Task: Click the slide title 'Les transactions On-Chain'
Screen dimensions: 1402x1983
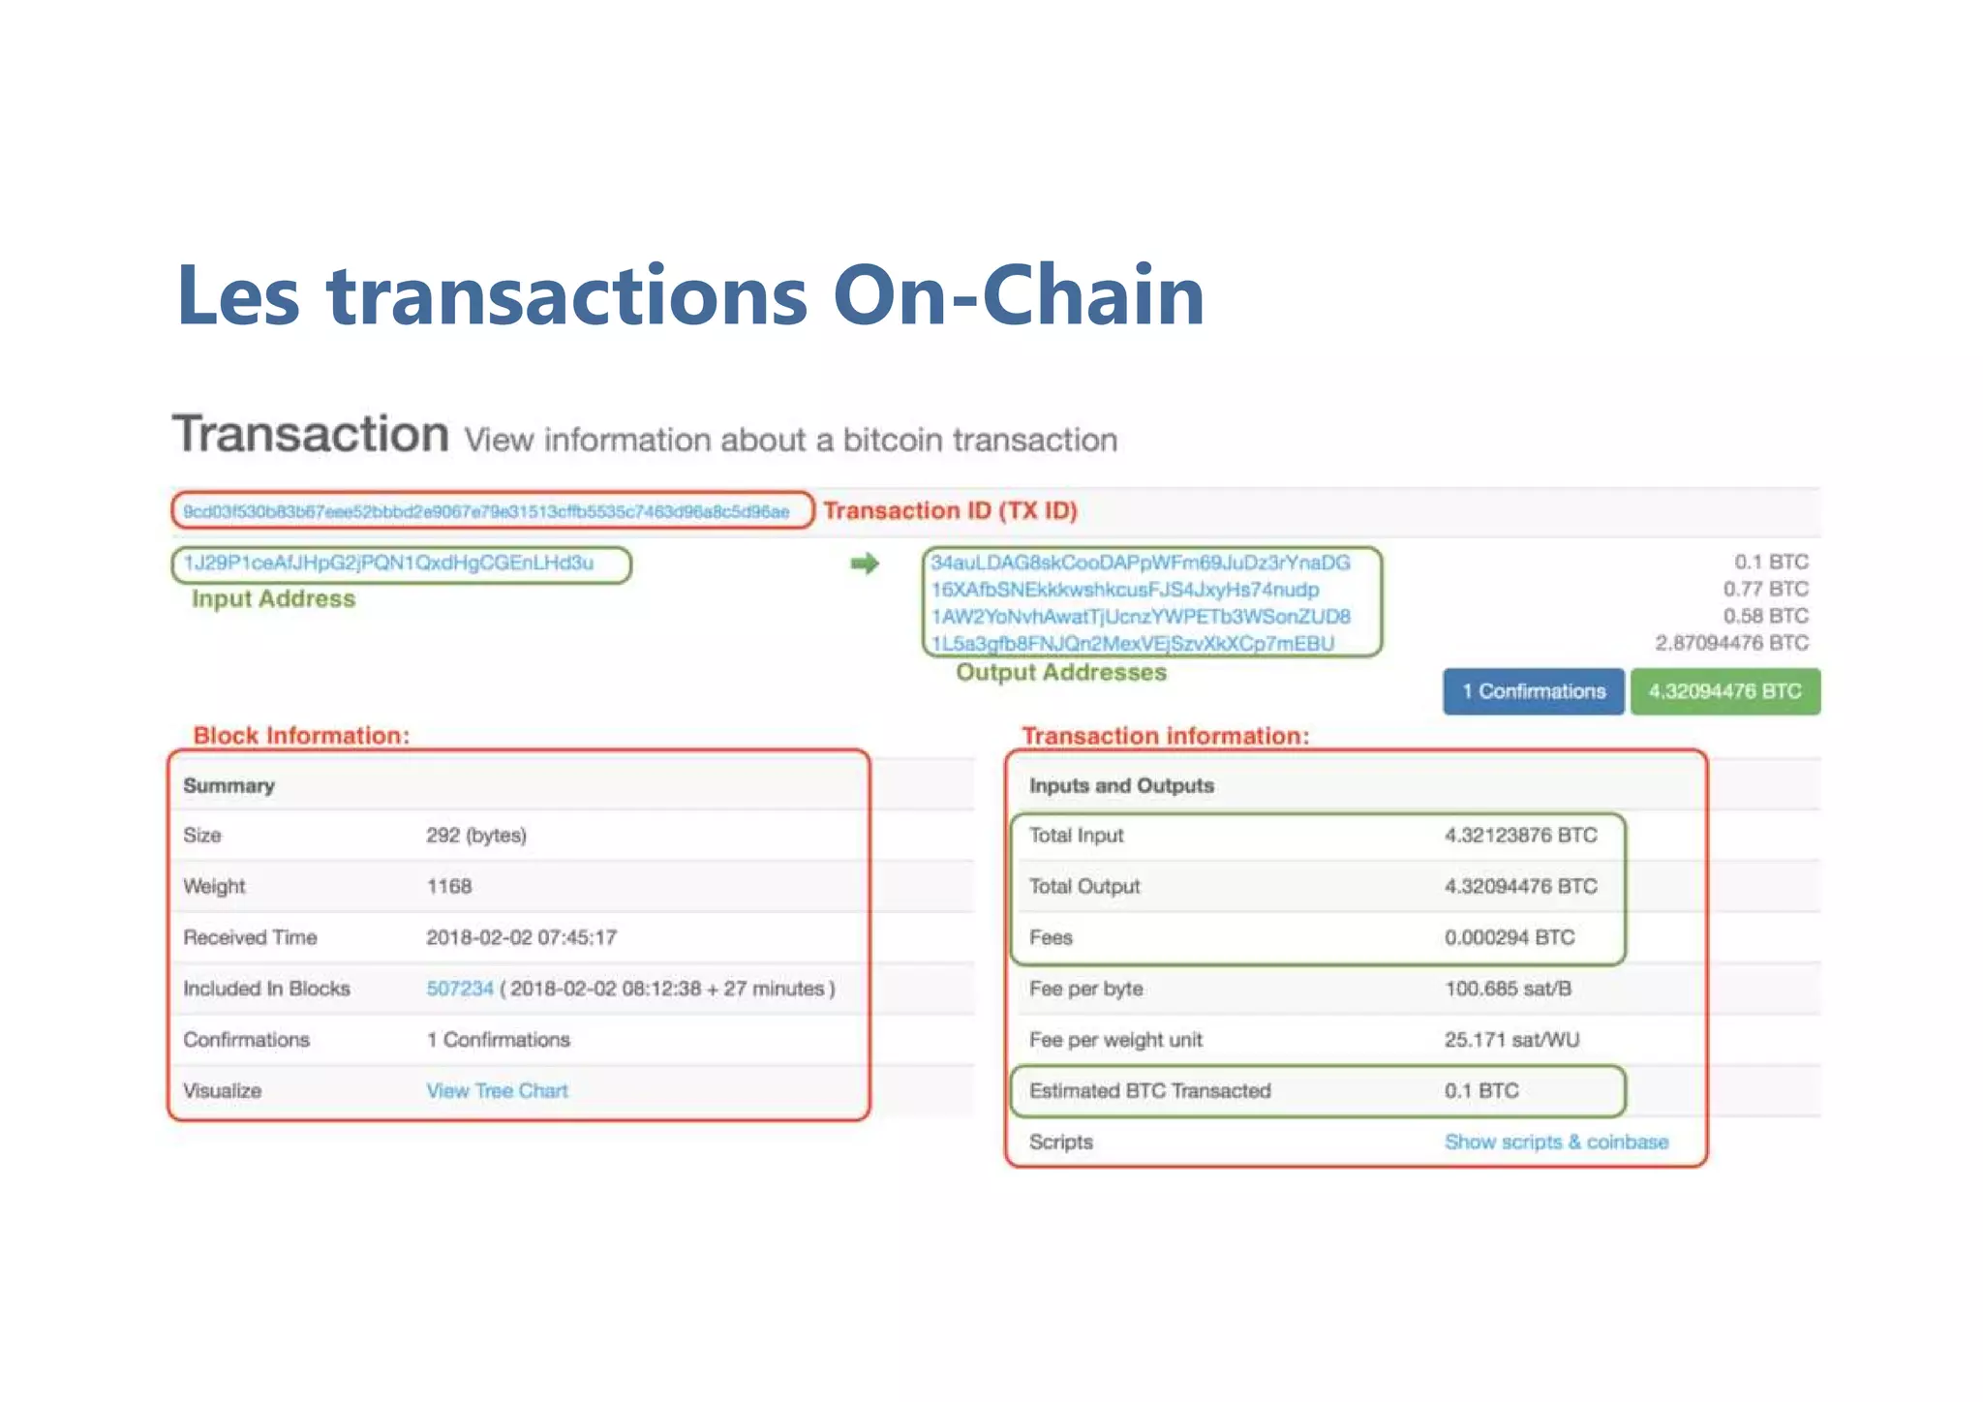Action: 689,295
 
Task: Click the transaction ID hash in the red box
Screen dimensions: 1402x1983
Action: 486,511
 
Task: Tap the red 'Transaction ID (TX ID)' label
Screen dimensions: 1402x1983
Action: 950,510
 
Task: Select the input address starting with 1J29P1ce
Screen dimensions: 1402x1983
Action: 388,563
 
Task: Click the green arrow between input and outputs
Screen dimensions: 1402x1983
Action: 865,564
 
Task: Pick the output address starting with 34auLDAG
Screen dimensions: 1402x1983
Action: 1140,563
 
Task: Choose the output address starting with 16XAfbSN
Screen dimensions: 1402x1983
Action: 1124,590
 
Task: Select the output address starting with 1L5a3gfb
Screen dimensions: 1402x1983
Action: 1132,644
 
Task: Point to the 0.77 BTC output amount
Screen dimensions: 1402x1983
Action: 1765,589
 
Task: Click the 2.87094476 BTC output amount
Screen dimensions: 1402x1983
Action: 1731,643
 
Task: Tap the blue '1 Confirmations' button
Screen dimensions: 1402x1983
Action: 1533,691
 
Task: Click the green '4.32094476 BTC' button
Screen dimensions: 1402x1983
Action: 1724,691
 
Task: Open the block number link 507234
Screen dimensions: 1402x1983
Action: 460,989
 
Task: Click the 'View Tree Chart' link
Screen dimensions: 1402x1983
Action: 497,1091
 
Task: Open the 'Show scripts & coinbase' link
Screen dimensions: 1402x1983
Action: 1556,1143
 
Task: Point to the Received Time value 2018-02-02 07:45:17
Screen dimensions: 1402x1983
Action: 521,937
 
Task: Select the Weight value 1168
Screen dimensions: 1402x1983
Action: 449,886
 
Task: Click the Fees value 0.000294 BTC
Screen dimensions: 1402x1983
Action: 1509,937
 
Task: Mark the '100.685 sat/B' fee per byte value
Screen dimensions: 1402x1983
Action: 1508,989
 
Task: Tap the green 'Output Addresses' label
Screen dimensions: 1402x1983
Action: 1061,673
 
